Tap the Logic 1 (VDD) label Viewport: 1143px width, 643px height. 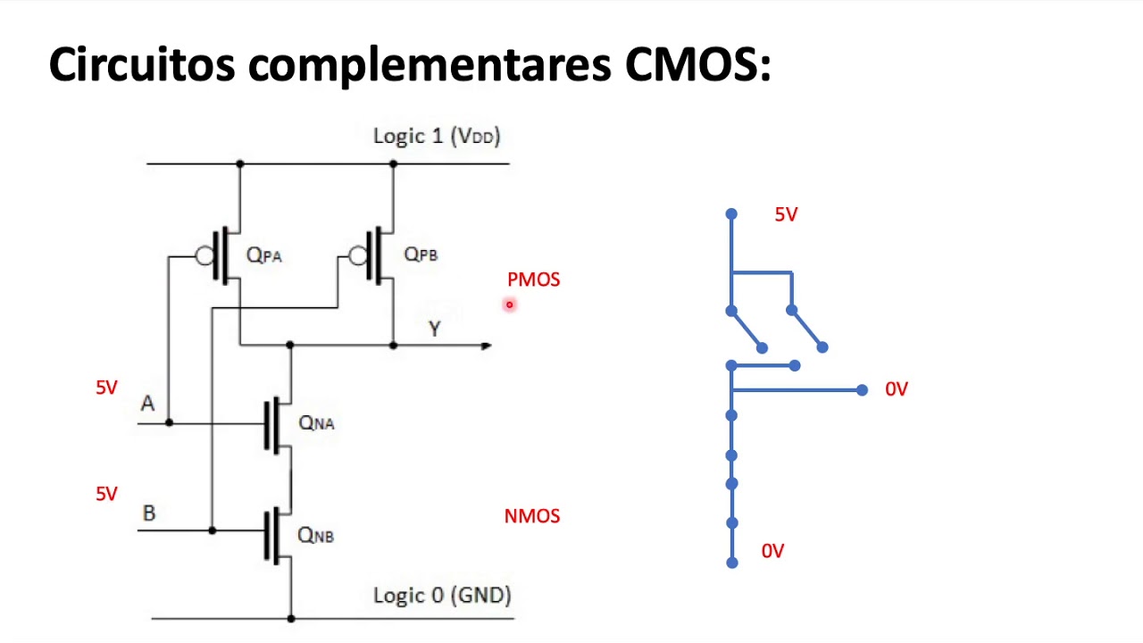tap(437, 136)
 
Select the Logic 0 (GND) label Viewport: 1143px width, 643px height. tap(442, 596)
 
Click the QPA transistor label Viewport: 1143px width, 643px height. tap(263, 255)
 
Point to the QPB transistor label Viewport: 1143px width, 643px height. tap(421, 255)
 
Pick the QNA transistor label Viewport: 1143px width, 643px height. tap(316, 422)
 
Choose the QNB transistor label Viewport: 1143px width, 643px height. tap(315, 535)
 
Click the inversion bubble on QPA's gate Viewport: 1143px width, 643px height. tap(204, 256)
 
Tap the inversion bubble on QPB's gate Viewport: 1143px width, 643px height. tap(358, 256)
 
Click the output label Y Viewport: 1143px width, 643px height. tap(435, 329)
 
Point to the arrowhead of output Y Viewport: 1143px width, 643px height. tap(487, 346)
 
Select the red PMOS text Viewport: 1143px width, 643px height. tap(533, 280)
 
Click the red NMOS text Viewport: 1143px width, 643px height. tap(532, 516)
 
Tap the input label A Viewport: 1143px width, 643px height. tap(147, 404)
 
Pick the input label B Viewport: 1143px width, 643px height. tap(149, 514)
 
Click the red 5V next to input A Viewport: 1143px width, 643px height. tap(106, 388)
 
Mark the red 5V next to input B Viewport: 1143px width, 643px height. tap(106, 494)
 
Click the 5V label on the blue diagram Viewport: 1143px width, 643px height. tap(786, 214)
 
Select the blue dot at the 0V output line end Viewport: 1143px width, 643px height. tap(862, 390)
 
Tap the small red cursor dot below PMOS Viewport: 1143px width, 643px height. tap(510, 305)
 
